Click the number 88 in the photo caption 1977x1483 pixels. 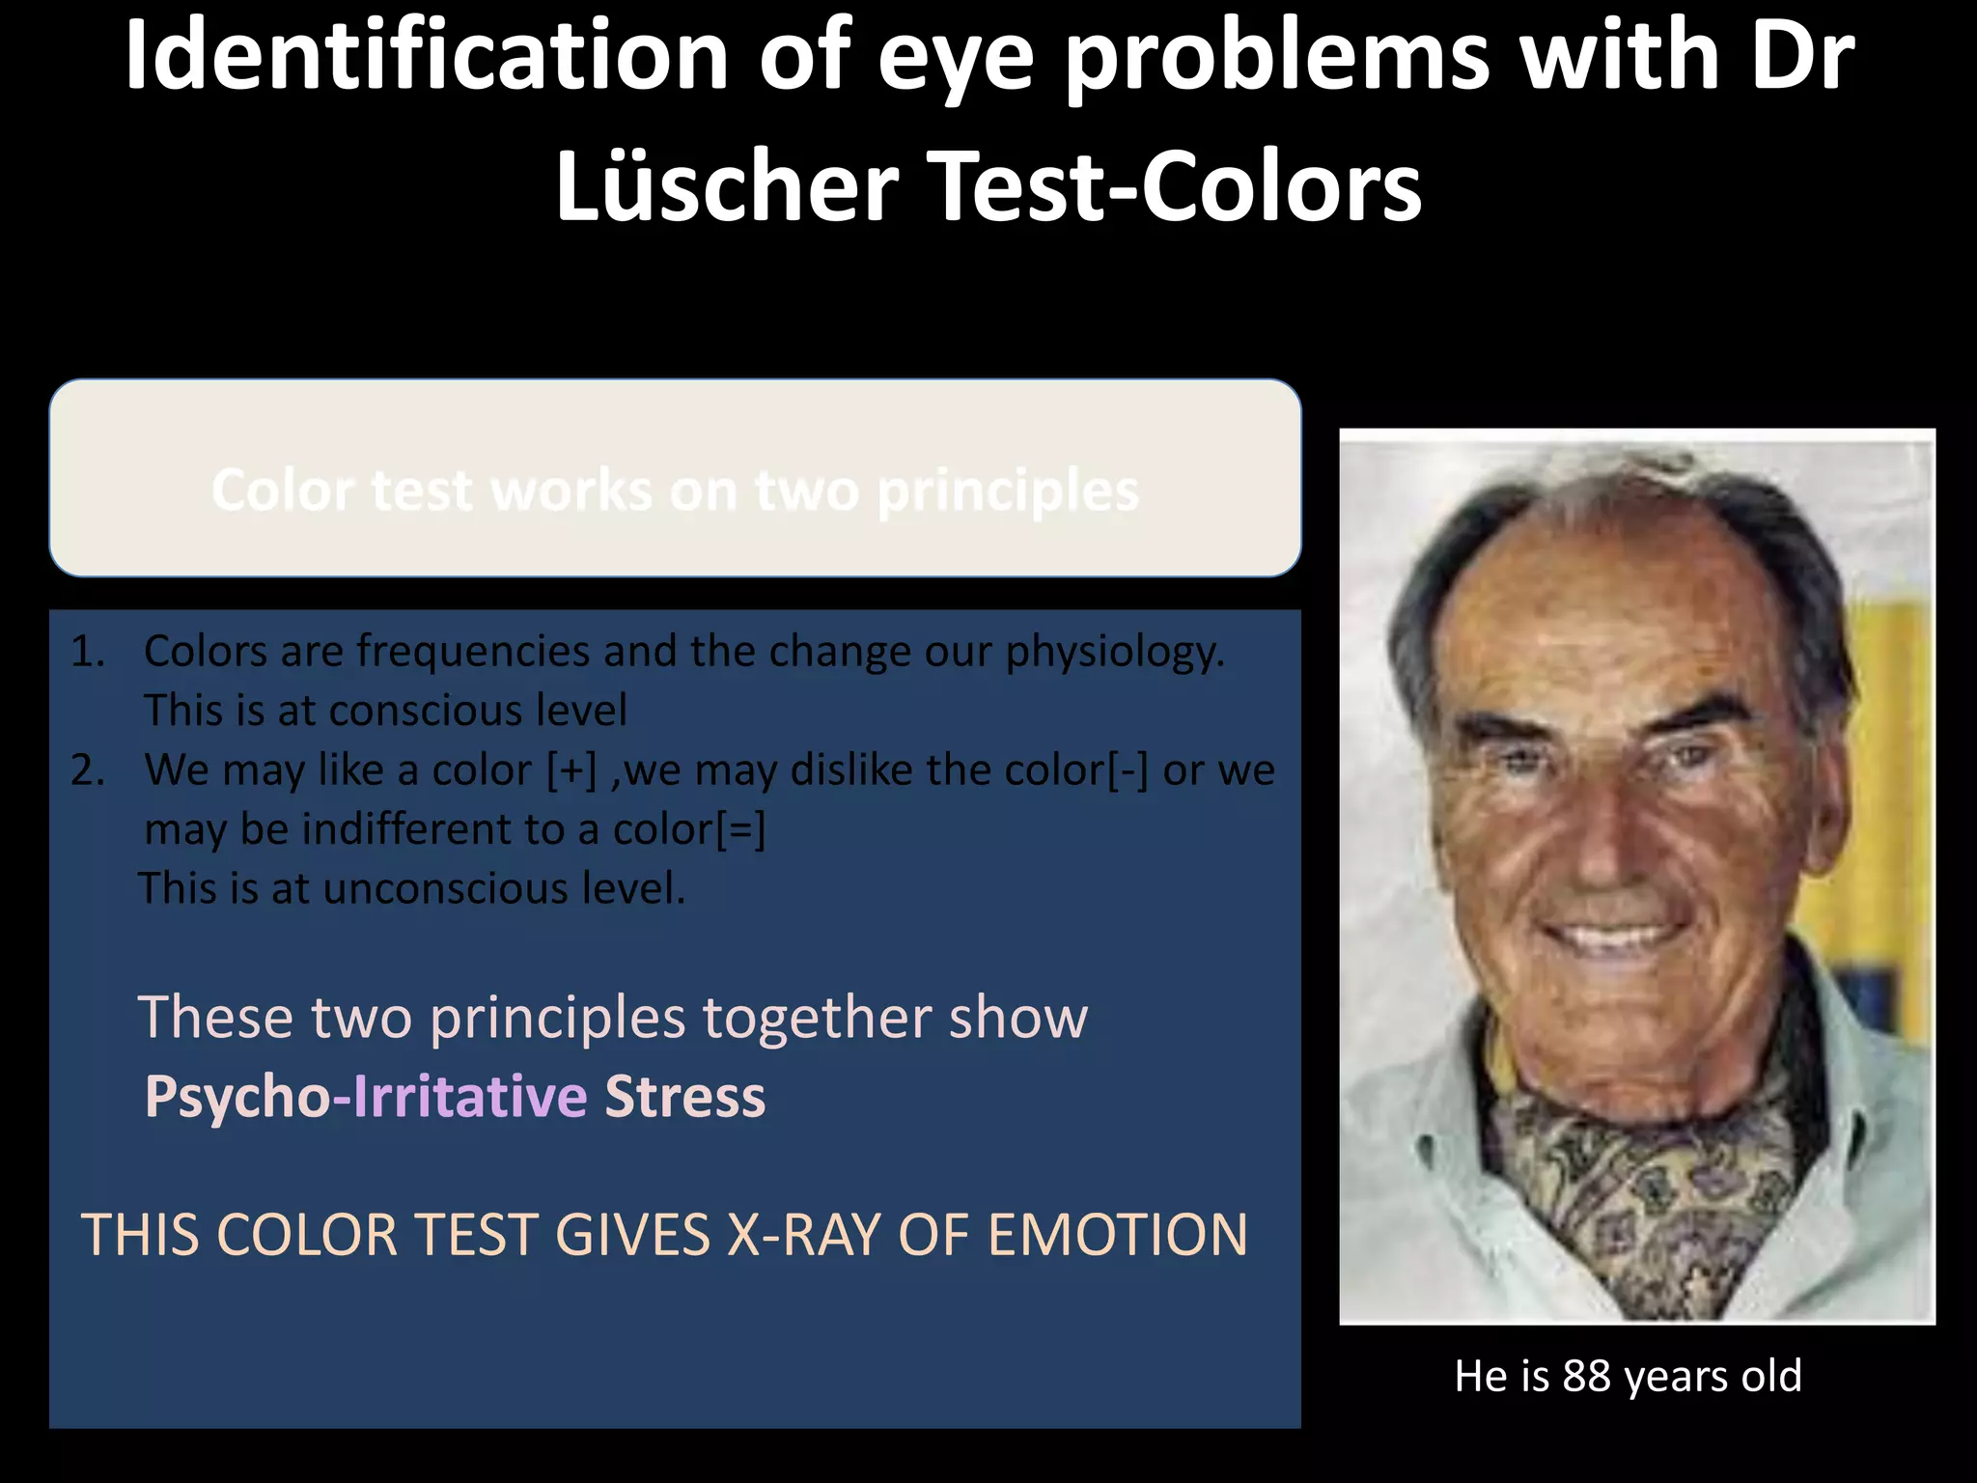[1586, 1376]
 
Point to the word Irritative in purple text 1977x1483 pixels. [469, 1097]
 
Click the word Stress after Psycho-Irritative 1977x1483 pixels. [684, 1097]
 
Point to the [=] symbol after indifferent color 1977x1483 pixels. [740, 829]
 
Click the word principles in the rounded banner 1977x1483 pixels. [1008, 490]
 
